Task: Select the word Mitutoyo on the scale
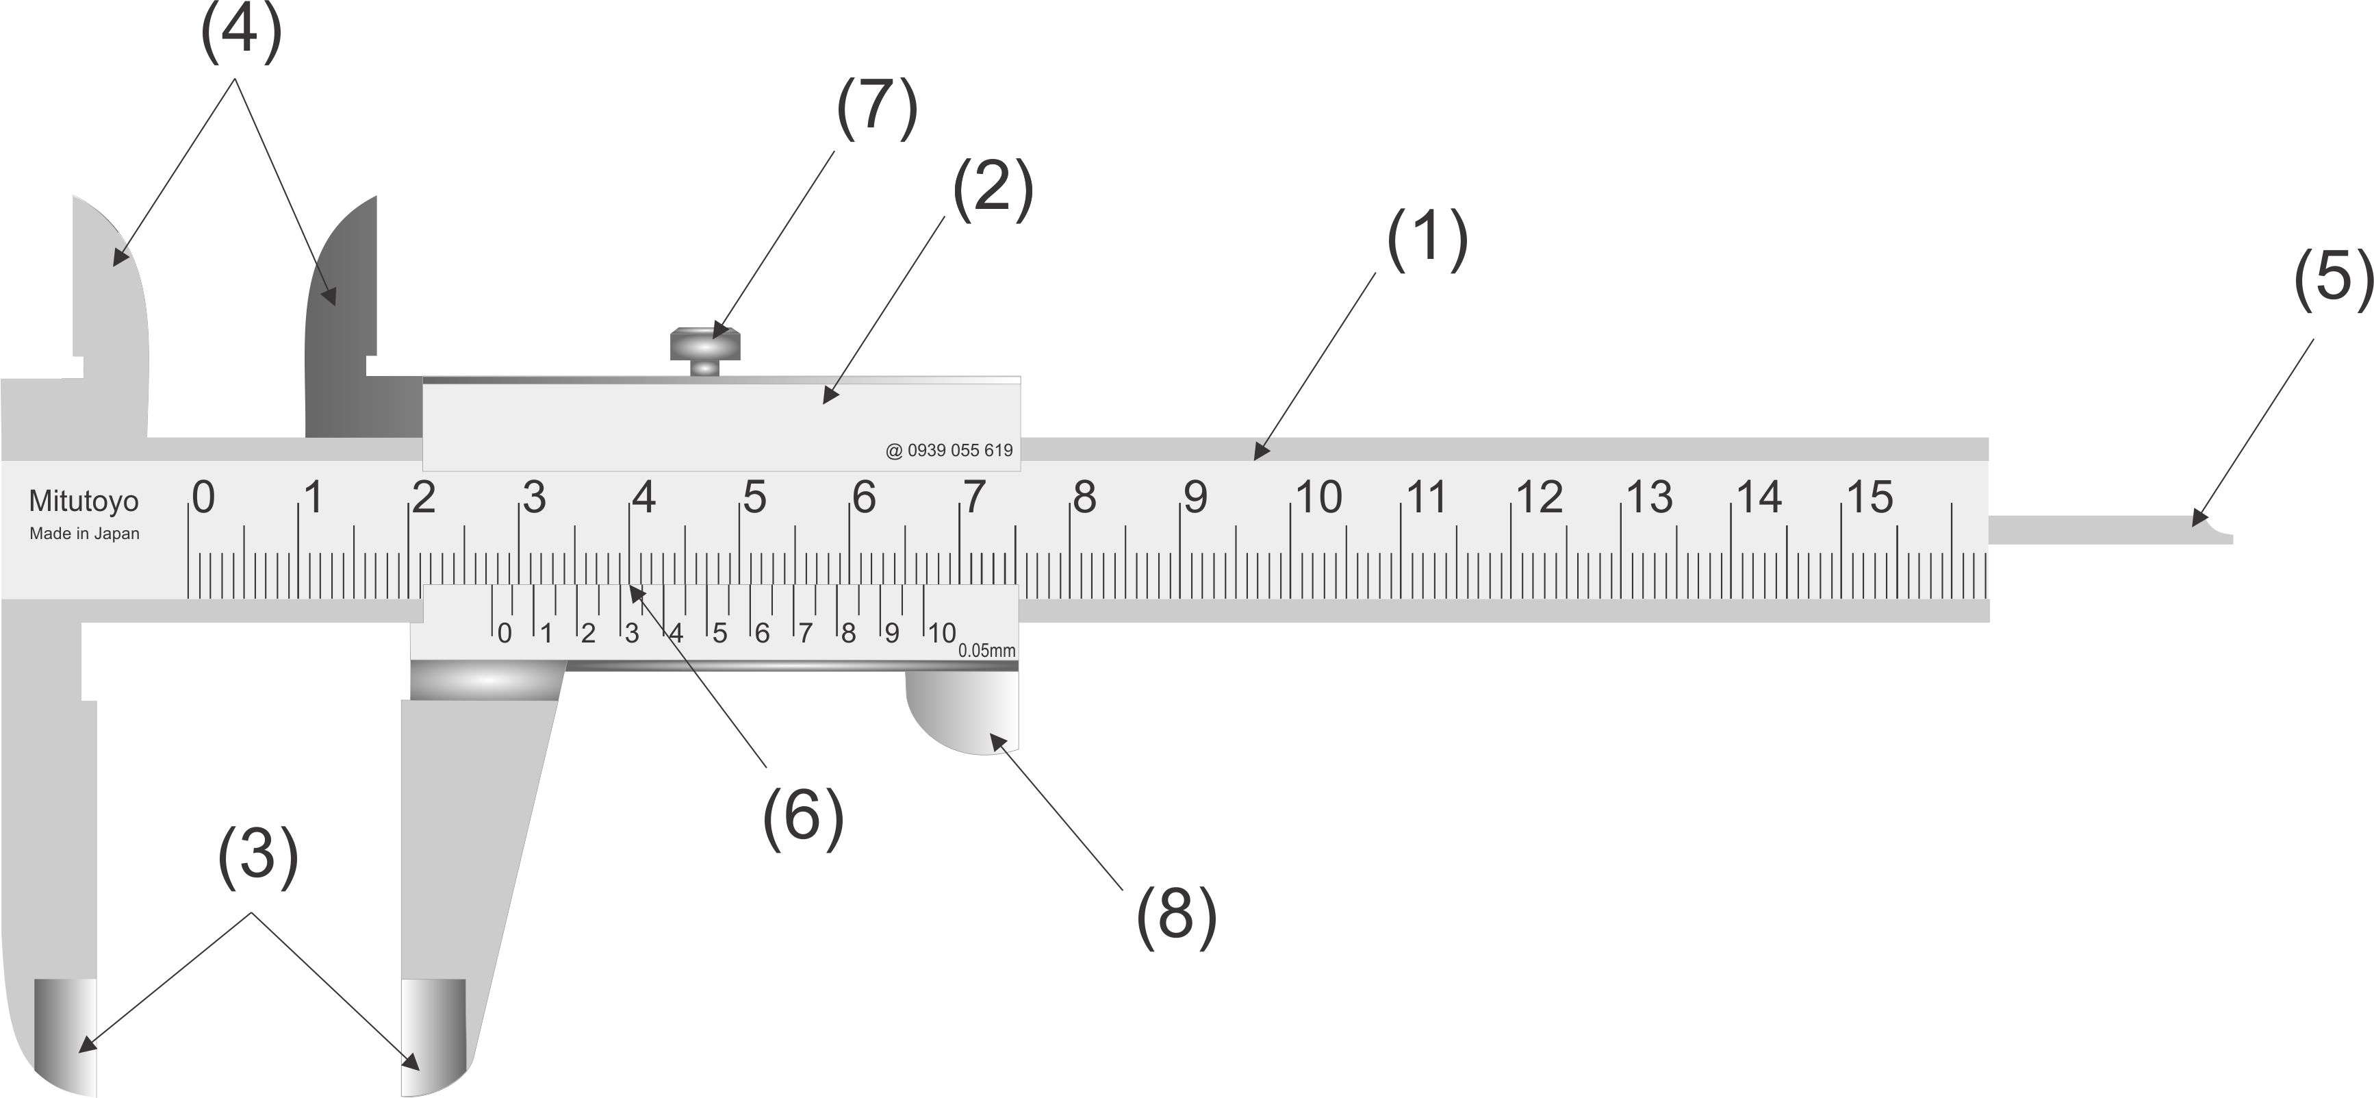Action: tap(84, 501)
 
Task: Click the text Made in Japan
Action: tap(85, 533)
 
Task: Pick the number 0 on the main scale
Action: tap(204, 498)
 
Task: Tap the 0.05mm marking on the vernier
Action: tap(986, 650)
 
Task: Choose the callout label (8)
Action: tap(1177, 916)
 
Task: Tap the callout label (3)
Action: tap(258, 856)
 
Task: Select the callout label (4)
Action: tap(240, 32)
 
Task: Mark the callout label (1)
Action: tap(1427, 239)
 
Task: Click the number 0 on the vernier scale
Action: tap(504, 634)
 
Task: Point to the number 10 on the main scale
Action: tap(1319, 498)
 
